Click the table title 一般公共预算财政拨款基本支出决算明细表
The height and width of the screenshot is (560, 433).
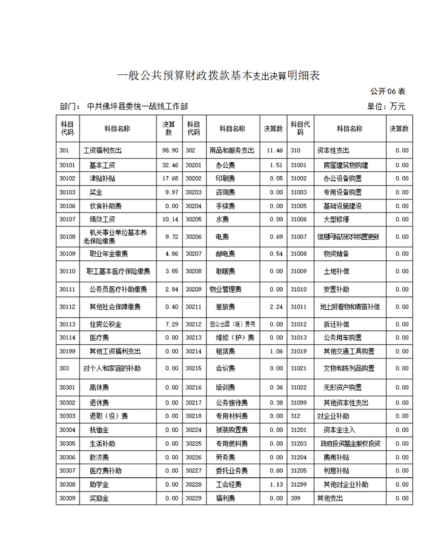pyautogui.click(x=218, y=76)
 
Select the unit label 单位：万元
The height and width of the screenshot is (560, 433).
pyautogui.click(x=386, y=107)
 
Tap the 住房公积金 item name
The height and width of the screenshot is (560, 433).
pyautogui.click(x=106, y=324)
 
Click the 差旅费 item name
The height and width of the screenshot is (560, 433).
pyautogui.click(x=225, y=307)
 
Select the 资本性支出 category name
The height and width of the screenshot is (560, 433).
pyautogui.click(x=333, y=151)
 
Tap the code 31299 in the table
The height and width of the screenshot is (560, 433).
pyautogui.click(x=299, y=484)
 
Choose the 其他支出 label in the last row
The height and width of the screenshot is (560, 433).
pyautogui.click(x=330, y=498)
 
